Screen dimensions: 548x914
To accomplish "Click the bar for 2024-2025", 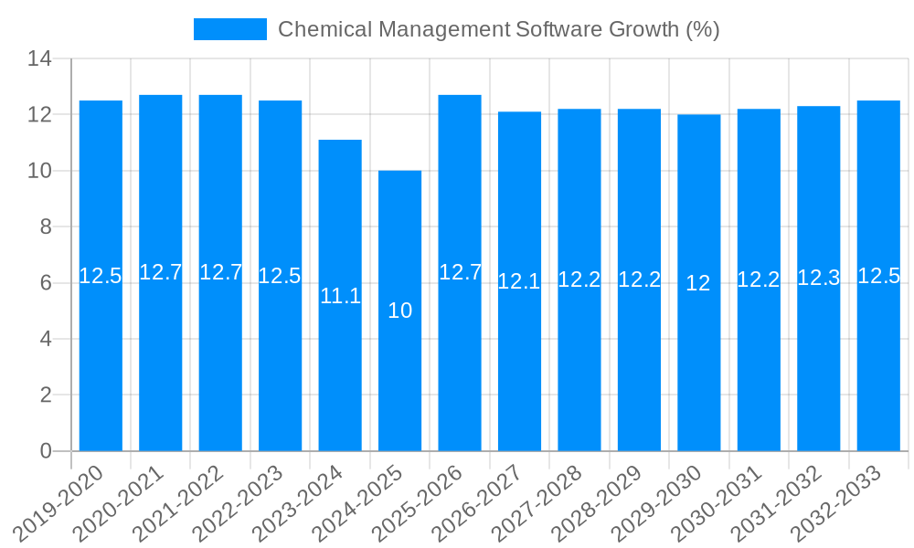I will tap(399, 311).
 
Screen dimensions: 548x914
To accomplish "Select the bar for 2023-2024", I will tap(340, 295).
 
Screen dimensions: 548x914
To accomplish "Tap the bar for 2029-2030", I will tap(698, 282).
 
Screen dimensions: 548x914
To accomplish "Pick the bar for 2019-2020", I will tap(101, 276).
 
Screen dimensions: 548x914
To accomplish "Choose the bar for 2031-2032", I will tap(818, 279).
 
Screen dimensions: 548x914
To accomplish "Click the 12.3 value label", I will tap(818, 278).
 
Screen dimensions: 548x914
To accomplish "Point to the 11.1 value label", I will tap(340, 296).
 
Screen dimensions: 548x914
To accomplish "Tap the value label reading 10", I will tap(399, 311).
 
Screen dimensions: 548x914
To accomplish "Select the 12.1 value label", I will tap(519, 281).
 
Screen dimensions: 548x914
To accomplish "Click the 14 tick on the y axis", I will tap(39, 59).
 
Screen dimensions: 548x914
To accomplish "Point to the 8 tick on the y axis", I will tap(46, 227).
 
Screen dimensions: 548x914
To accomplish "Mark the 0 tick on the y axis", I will tap(46, 451).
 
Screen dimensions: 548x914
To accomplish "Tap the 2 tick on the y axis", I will tap(46, 395).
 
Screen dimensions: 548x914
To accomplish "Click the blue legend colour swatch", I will tap(229, 29).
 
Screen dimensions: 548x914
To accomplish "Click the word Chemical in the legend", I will tap(315, 29).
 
